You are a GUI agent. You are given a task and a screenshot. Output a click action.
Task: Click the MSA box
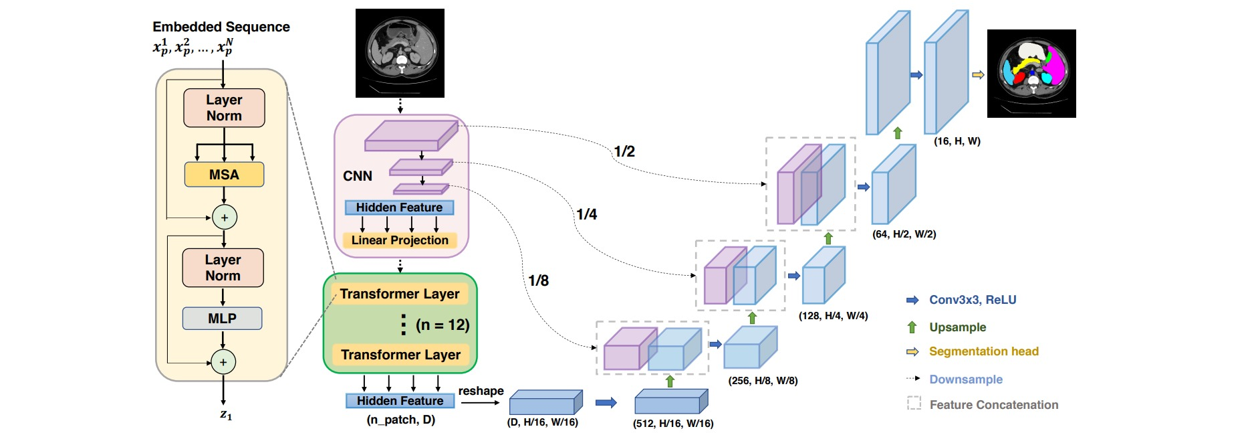[224, 175]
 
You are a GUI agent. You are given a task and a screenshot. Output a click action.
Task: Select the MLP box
[222, 319]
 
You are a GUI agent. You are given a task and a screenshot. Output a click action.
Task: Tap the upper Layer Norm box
[224, 108]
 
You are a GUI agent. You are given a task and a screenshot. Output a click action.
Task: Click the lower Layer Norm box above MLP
[223, 268]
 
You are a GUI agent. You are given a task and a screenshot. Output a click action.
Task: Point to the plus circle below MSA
[224, 218]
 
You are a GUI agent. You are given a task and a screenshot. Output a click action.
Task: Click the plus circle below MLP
[223, 362]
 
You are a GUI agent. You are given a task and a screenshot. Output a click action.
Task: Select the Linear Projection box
[400, 240]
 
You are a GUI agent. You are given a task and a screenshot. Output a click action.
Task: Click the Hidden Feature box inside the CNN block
[399, 207]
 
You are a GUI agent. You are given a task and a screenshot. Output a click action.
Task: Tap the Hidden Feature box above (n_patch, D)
[400, 401]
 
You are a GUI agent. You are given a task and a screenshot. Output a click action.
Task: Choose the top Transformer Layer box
[400, 294]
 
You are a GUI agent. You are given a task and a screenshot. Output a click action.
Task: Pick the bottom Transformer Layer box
[400, 355]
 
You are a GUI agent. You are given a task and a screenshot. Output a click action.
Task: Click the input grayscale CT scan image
[400, 53]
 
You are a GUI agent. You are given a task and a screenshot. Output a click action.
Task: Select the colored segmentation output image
[1031, 74]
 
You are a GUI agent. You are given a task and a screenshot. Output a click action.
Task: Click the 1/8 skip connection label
[538, 280]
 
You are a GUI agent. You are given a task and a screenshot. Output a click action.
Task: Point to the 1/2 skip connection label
[624, 151]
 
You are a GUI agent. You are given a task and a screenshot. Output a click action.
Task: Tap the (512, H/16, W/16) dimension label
[673, 424]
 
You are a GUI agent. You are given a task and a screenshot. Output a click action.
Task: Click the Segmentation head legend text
[984, 351]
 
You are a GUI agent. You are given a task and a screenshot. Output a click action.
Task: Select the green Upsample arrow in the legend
[912, 327]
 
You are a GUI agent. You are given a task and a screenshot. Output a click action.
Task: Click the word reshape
[481, 391]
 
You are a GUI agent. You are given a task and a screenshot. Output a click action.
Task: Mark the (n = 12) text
[443, 325]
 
